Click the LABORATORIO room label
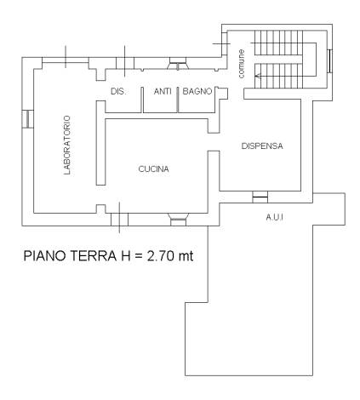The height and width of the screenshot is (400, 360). [x=67, y=145]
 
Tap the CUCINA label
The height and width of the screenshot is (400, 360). [x=153, y=169]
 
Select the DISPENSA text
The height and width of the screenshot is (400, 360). [x=262, y=146]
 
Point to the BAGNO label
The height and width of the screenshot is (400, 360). [x=197, y=91]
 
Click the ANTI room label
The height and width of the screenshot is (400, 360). [x=163, y=91]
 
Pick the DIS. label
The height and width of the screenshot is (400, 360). [x=118, y=92]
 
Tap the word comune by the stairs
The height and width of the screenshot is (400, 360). [x=241, y=64]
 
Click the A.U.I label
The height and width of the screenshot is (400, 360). [x=274, y=218]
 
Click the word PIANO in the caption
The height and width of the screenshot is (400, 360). [x=45, y=256]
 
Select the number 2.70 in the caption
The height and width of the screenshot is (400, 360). [x=161, y=256]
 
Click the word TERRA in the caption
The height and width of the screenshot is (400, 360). [x=94, y=256]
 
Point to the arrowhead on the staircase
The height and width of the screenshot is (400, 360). [x=257, y=76]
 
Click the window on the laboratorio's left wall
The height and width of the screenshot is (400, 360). [x=28, y=119]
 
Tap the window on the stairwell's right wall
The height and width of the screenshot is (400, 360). [x=330, y=61]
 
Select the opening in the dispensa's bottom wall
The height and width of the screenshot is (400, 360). [x=260, y=197]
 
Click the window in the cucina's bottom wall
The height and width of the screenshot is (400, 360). [x=178, y=220]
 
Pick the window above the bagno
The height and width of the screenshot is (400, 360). [x=178, y=63]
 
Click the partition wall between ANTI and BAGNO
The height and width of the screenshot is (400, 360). [x=178, y=100]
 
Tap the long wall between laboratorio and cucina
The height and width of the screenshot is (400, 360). [x=100, y=143]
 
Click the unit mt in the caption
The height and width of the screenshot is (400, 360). [x=186, y=256]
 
